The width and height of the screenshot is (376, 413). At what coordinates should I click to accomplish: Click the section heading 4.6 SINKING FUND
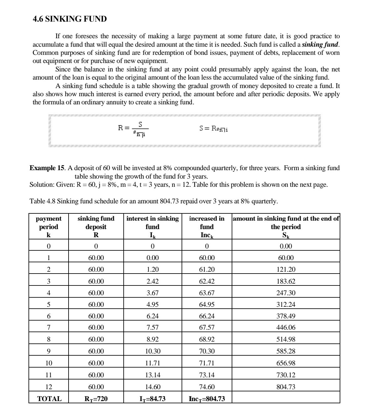coord(70,19)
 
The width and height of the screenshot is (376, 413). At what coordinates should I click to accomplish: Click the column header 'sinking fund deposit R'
coord(96,227)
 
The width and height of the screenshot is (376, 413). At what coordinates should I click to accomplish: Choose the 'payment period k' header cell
coord(49,227)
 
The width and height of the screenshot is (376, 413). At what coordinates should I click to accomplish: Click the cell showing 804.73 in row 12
coord(286,387)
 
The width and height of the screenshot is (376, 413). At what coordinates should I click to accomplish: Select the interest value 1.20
coord(152,269)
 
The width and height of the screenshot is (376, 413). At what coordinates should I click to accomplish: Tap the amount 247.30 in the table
coord(286,293)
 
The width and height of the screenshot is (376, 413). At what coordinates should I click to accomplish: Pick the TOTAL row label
coord(49,399)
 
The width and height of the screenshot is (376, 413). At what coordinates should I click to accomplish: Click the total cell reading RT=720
coord(96,399)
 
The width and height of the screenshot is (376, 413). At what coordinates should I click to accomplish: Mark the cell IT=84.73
coord(152,399)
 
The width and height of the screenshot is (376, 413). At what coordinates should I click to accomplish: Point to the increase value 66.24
coord(207,316)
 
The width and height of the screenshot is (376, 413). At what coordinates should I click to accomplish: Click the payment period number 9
coord(49,351)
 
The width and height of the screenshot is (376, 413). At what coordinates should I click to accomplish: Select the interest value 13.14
coord(152,375)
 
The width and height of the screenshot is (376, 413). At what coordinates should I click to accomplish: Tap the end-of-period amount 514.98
coord(286,339)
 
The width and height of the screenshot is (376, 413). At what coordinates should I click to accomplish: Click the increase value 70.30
coord(207,351)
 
